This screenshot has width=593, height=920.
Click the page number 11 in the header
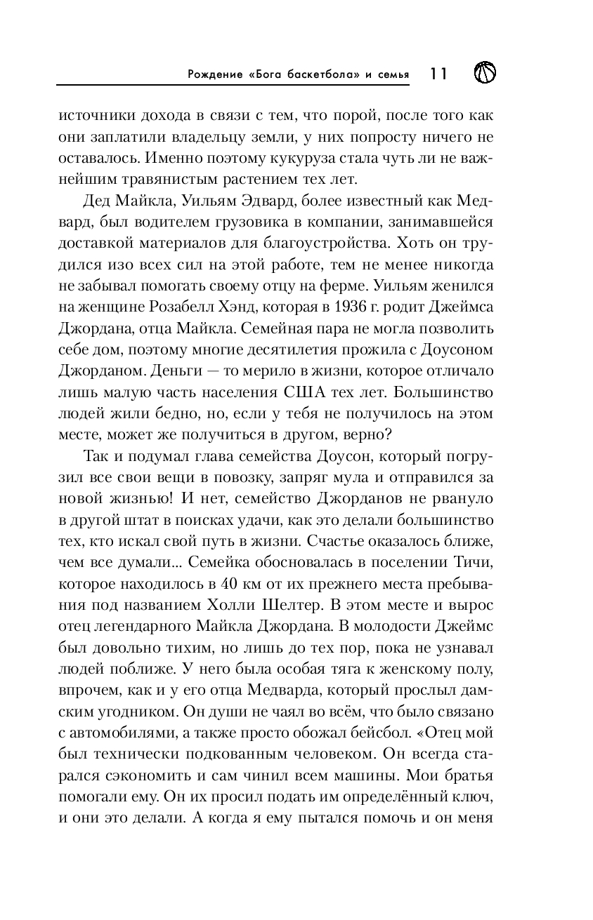click(438, 74)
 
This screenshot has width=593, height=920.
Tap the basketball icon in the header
click(486, 72)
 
